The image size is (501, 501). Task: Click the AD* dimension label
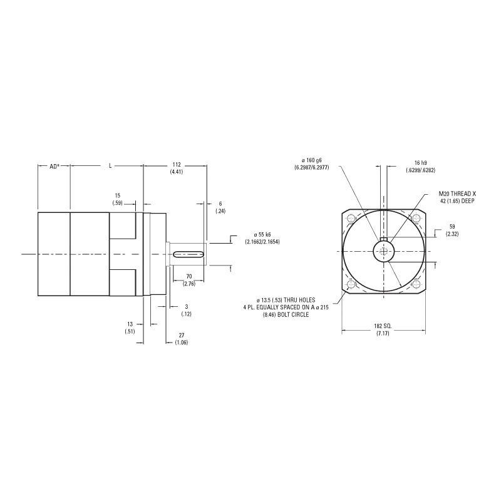(x=54, y=166)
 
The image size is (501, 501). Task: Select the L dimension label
(x=110, y=166)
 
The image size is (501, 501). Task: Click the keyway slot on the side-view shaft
(x=189, y=254)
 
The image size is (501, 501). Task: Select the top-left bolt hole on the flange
(x=350, y=220)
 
